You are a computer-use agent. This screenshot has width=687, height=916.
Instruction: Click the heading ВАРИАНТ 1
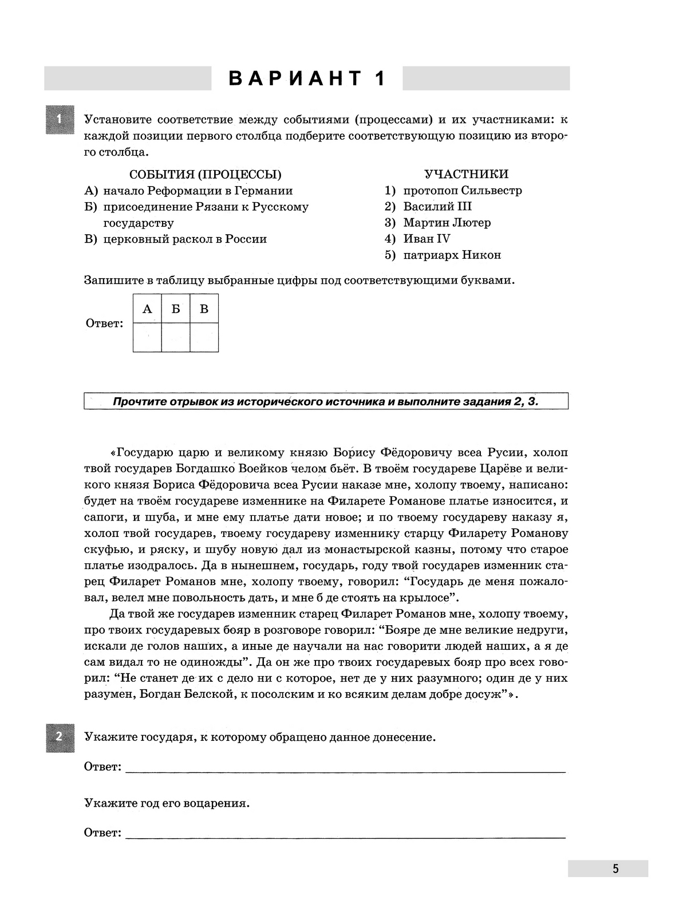(307, 78)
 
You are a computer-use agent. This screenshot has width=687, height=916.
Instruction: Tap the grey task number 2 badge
(60, 737)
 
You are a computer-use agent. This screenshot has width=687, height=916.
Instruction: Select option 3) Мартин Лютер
(438, 223)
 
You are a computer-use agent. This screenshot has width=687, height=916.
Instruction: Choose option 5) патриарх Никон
(443, 255)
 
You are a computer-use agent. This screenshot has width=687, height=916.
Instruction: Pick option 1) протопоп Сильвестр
(453, 191)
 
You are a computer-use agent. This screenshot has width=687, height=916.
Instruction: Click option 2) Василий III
(428, 207)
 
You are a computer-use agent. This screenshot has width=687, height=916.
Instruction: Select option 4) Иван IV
(418, 239)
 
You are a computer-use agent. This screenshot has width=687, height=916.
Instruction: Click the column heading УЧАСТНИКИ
(466, 174)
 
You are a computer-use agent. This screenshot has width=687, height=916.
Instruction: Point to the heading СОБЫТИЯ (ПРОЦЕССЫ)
(205, 175)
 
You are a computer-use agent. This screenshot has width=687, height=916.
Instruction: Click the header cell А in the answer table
(147, 309)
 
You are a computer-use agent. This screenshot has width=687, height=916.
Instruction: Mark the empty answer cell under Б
(176, 337)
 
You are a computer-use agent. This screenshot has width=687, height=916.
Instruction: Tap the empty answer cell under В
(204, 337)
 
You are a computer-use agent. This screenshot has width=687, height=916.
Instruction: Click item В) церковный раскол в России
(176, 239)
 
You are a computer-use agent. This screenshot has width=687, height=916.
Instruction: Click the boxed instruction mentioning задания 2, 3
(326, 401)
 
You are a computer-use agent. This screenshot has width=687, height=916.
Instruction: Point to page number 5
(615, 868)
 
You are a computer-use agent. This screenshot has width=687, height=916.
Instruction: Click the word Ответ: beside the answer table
(104, 323)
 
